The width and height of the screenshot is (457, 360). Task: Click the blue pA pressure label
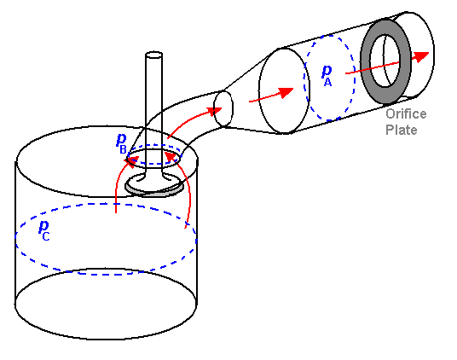pos(327,75)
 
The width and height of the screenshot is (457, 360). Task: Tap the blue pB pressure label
pos(121,143)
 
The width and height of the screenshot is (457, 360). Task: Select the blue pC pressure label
pos(44,230)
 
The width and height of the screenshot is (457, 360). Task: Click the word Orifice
pos(406,113)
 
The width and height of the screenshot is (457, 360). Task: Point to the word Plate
pos(402,130)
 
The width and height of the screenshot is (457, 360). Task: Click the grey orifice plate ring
pos(365,62)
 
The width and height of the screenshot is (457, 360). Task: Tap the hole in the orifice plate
pos(385,61)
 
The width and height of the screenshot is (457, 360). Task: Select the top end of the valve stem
pos(153,55)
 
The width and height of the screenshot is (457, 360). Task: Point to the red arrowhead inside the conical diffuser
pos(285,92)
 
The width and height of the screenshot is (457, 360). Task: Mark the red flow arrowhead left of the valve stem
pos(132,161)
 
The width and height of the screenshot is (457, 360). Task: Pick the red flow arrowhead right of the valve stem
pos(171,156)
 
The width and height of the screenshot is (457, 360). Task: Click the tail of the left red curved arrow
pos(116,212)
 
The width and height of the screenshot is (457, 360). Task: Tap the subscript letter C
pos(46,236)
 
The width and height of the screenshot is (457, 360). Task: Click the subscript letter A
pos(328,82)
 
